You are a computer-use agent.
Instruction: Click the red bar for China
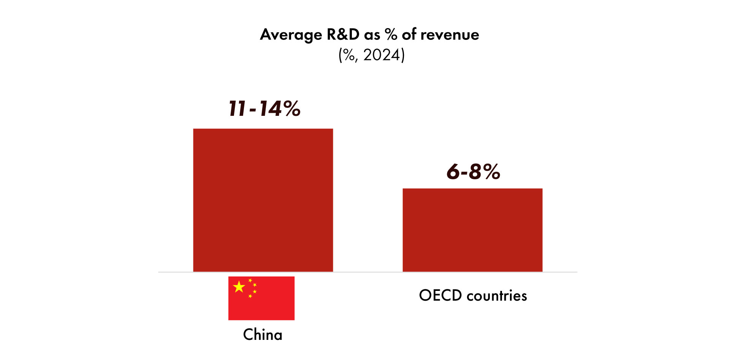click(x=263, y=200)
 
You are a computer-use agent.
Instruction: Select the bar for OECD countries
click(x=472, y=230)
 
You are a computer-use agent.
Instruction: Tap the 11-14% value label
click(x=264, y=109)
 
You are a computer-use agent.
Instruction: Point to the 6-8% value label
click(x=473, y=172)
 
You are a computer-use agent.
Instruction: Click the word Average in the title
click(x=291, y=35)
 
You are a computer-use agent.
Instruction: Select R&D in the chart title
click(x=343, y=35)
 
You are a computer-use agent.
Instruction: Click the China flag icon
click(x=261, y=298)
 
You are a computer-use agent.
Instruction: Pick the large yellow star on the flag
click(x=239, y=287)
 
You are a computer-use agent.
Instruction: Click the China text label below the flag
click(x=263, y=335)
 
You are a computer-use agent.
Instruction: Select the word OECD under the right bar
click(x=440, y=295)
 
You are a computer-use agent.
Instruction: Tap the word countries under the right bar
click(x=497, y=295)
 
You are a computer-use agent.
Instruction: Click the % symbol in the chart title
click(x=391, y=35)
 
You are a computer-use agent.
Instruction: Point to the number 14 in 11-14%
click(x=271, y=109)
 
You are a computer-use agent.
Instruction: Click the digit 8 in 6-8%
click(x=475, y=172)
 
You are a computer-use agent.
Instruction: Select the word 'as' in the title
click(x=372, y=35)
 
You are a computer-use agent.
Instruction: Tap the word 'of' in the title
click(x=409, y=35)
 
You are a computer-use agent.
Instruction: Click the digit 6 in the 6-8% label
click(x=453, y=172)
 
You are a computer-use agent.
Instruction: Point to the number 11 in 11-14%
click(x=237, y=109)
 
